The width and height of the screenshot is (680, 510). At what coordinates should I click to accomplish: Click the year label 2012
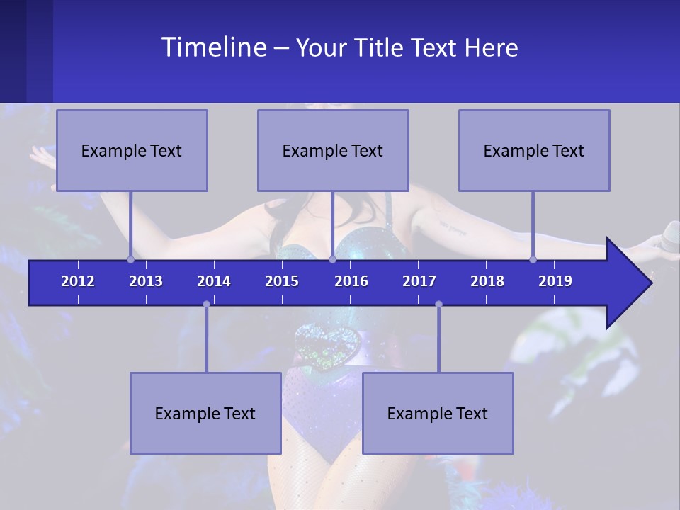tap(78, 281)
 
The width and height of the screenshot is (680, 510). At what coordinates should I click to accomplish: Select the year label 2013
tap(146, 281)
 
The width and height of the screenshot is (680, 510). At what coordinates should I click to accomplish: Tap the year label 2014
tap(214, 281)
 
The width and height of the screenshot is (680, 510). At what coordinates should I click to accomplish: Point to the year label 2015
tap(282, 281)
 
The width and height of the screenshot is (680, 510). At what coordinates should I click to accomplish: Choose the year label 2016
tap(351, 281)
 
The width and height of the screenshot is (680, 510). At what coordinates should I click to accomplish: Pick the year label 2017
tap(419, 281)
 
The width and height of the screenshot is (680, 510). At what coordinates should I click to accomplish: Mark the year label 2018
tap(487, 281)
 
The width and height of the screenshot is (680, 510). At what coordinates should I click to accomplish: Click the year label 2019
tap(555, 281)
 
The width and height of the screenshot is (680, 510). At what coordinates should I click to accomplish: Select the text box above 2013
tap(132, 150)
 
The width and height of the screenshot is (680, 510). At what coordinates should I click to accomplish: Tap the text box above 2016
tap(333, 150)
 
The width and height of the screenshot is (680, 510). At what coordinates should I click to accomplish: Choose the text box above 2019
tap(534, 150)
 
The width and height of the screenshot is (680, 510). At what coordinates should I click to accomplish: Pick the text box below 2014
tap(205, 413)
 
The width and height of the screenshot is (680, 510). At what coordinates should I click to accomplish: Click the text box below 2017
tap(438, 413)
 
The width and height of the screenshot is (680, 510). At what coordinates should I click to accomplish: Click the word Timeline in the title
tap(214, 47)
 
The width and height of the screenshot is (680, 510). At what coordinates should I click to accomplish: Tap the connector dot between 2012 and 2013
tap(130, 259)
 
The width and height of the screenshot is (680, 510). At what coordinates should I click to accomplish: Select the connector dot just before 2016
tap(332, 259)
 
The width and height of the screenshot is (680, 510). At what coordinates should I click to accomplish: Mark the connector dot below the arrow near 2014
tap(206, 304)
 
